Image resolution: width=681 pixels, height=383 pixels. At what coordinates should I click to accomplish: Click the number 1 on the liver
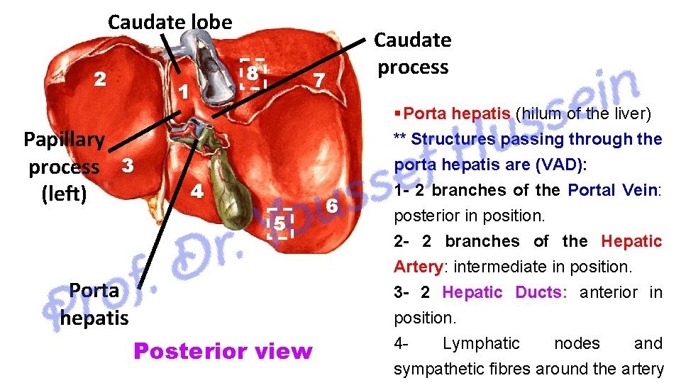tap(183, 91)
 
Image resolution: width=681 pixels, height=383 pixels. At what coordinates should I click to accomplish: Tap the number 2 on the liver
tap(101, 79)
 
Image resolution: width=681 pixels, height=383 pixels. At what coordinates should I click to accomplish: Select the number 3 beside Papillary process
tap(128, 167)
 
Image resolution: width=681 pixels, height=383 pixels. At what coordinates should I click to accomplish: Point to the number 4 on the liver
tap(198, 191)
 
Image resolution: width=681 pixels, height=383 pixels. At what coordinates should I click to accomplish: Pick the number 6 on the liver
tap(330, 206)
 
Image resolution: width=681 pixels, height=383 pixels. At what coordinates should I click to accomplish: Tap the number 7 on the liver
tap(319, 81)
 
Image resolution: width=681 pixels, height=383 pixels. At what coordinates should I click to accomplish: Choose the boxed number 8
tap(253, 73)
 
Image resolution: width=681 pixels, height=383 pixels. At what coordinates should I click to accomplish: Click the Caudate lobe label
tap(170, 22)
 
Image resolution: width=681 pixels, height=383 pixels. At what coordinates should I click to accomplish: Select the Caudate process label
tap(412, 53)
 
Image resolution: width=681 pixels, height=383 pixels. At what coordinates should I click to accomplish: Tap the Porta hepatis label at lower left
tap(94, 304)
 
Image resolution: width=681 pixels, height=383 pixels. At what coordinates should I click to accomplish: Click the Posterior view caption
tap(223, 351)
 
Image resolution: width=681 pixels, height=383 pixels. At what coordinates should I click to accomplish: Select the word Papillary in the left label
tap(65, 139)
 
